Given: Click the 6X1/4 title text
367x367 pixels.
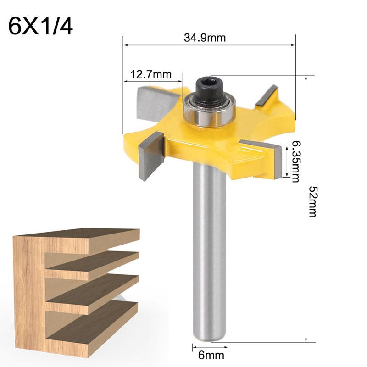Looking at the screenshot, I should [x=40, y=27].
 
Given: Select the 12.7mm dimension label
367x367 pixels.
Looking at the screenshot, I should [x=151, y=73].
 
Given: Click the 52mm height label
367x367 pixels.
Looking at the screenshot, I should [x=312, y=201].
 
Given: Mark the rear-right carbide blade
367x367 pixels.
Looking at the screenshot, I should [x=266, y=96].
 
